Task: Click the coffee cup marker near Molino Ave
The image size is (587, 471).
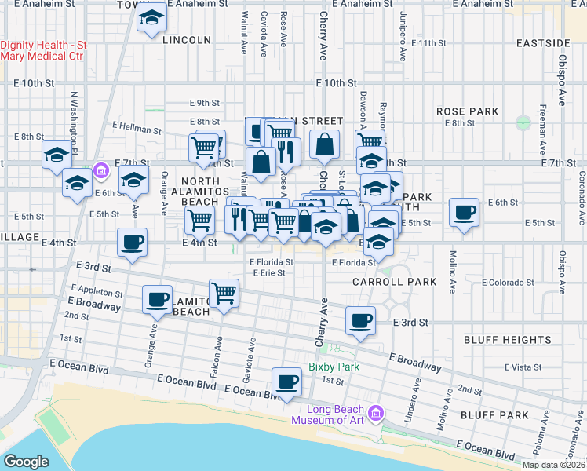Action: tap(464, 212)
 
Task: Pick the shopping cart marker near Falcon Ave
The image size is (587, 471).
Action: tap(224, 294)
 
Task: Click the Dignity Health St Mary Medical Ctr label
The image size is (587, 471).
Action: tap(43, 51)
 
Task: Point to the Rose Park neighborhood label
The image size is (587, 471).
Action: tap(468, 111)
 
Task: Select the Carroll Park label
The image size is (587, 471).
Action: tap(383, 281)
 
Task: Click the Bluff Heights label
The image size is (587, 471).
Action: tap(507, 340)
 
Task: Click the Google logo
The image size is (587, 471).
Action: tap(27, 462)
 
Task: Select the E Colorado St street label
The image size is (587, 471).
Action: tap(508, 282)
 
